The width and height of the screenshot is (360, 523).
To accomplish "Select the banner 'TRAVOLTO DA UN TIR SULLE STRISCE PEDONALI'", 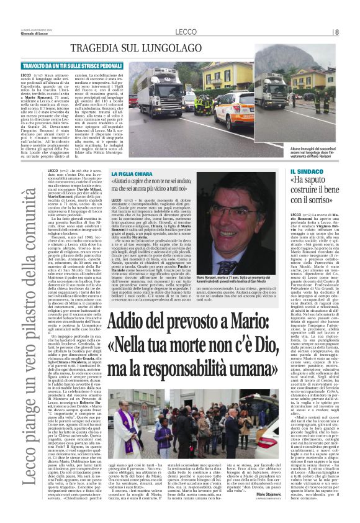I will click(90, 65).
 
